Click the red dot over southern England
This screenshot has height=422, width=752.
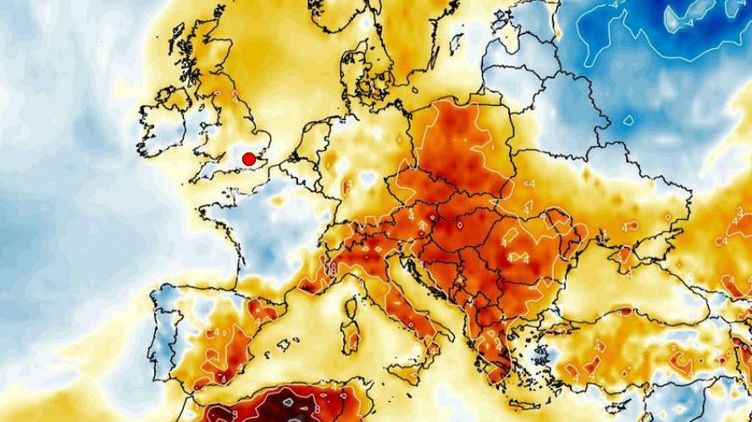[x=249, y=159]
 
